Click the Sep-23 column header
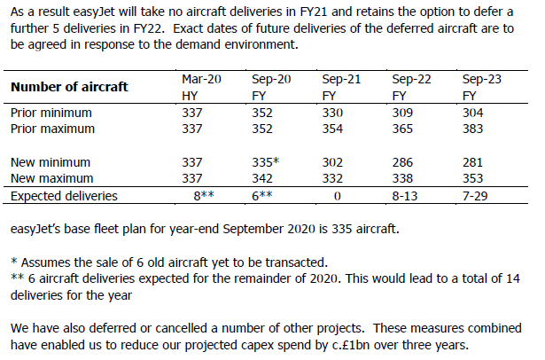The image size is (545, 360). (x=482, y=80)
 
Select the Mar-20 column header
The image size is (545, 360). (x=200, y=80)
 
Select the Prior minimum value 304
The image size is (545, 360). (x=476, y=113)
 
